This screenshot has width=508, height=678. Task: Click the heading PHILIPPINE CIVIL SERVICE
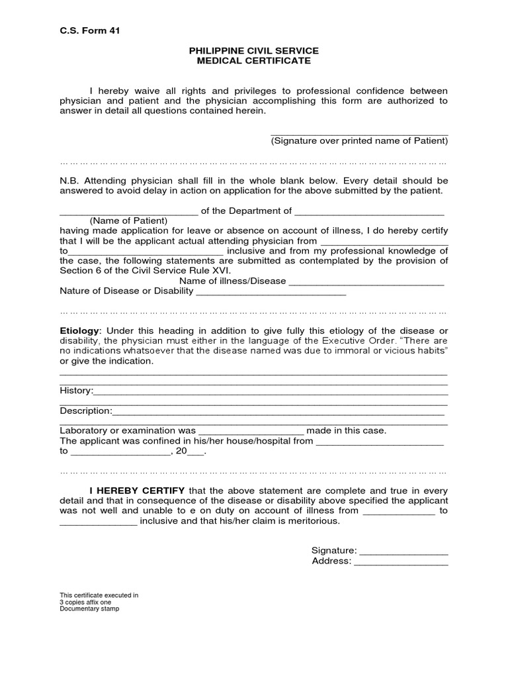point(254,50)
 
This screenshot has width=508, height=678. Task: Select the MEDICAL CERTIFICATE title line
point(254,61)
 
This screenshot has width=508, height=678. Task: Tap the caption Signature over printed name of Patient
point(359,141)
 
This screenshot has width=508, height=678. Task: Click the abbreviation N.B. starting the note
point(69,181)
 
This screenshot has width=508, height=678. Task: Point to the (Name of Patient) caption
point(129,220)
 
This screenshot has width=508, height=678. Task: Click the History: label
point(77,391)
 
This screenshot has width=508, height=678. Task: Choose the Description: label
point(86,411)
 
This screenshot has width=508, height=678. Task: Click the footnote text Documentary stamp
point(89,608)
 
